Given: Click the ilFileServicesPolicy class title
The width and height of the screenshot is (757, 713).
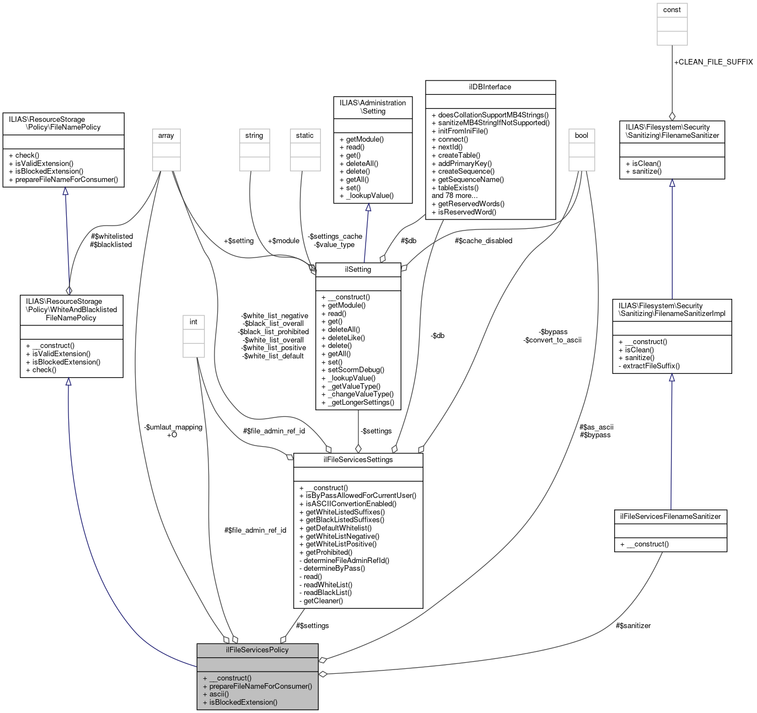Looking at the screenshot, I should pyautogui.click(x=257, y=650).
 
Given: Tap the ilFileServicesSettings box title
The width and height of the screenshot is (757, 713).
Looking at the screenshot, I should pyautogui.click(x=358, y=459).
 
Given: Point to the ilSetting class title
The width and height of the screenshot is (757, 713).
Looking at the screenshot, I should pyautogui.click(x=358, y=270).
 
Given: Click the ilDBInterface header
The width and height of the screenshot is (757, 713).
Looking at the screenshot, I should pyautogui.click(x=490, y=87).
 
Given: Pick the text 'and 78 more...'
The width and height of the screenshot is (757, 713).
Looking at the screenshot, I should pyautogui.click(x=454, y=195).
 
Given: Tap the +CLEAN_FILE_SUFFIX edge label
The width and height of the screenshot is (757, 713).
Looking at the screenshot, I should pyautogui.click(x=713, y=62).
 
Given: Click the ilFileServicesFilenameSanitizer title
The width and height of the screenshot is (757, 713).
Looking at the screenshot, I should pyautogui.click(x=670, y=516).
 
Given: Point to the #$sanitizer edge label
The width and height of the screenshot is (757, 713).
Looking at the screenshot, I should pyautogui.click(x=633, y=625).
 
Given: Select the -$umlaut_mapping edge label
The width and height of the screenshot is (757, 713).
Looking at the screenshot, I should pyautogui.click(x=173, y=427).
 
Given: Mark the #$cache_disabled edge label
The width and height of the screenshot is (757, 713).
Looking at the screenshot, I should pyautogui.click(x=483, y=240).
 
